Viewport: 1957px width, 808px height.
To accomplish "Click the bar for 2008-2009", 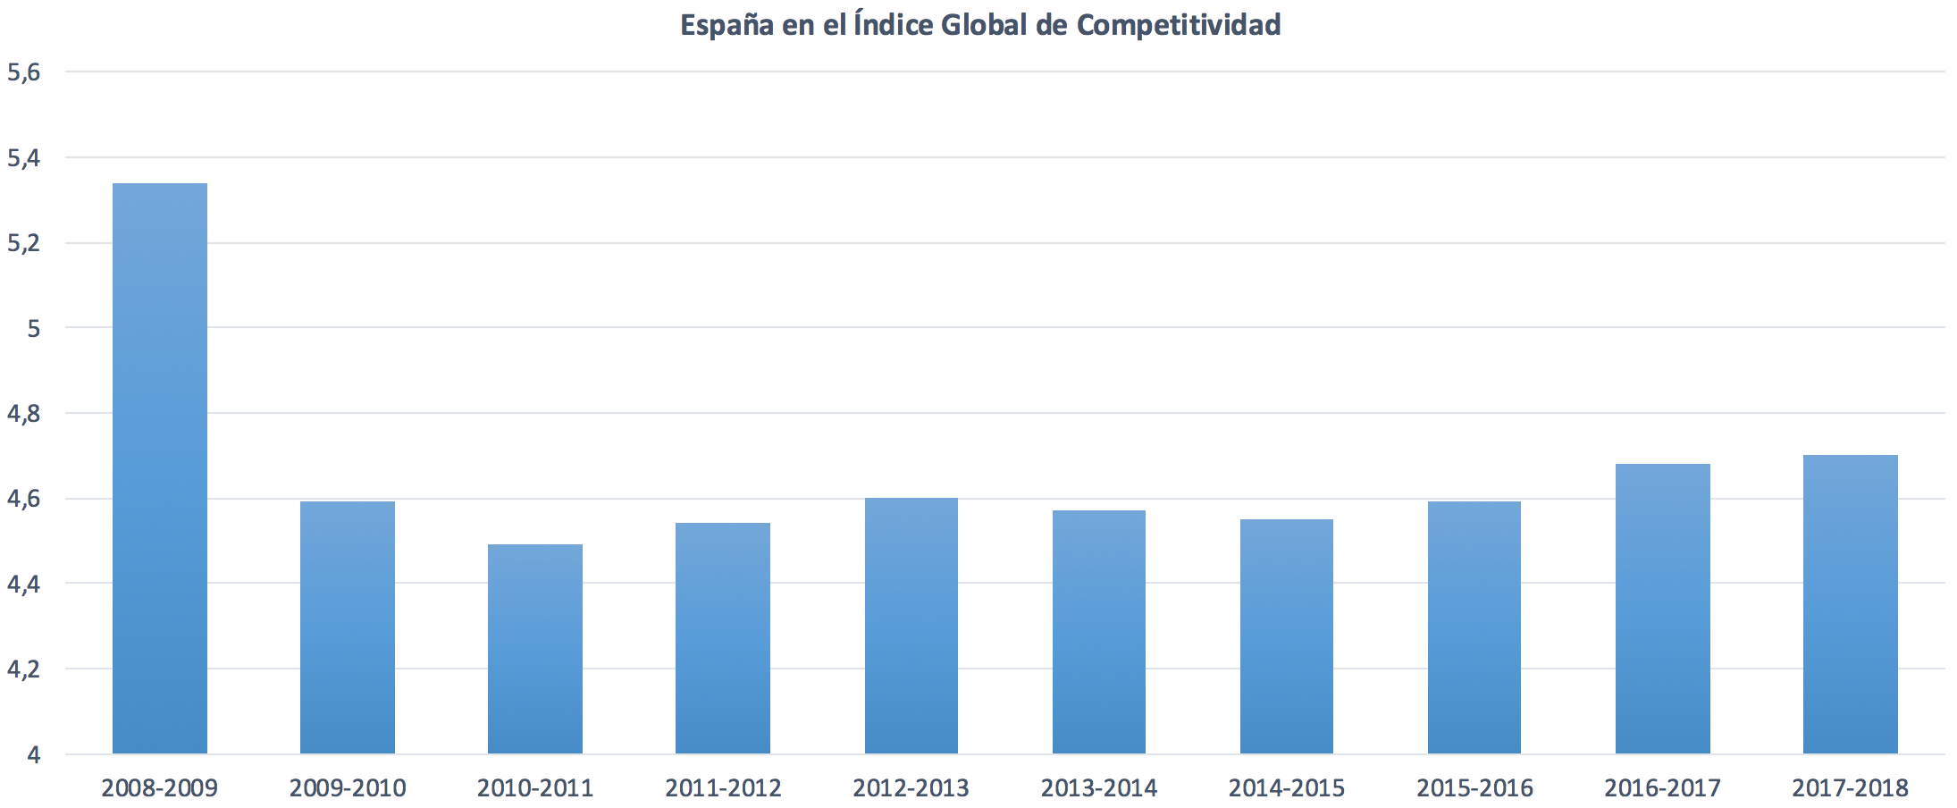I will click(x=160, y=468).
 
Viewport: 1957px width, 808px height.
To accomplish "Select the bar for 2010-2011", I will click(x=535, y=649).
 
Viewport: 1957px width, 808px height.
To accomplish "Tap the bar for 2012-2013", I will click(x=911, y=626).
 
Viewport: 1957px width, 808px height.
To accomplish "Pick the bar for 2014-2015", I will click(x=1287, y=636).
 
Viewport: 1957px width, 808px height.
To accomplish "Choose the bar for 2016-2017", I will click(x=1662, y=609).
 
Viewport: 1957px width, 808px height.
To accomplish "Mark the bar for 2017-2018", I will click(x=1850, y=604).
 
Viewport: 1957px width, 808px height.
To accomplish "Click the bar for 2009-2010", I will click(x=348, y=627).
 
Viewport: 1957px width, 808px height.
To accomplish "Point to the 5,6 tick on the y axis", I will click(x=24, y=72).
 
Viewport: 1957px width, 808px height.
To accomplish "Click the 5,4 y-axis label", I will click(x=24, y=158).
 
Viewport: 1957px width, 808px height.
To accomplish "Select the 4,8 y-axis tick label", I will click(x=24, y=414).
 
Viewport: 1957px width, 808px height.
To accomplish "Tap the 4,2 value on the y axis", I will click(x=24, y=669).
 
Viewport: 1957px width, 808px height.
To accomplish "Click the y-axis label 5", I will click(x=34, y=329).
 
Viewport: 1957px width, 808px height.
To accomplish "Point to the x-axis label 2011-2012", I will click(x=723, y=788).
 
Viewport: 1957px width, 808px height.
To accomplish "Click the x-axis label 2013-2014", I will click(x=1098, y=788).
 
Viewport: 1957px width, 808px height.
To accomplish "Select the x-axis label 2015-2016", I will click(x=1474, y=788).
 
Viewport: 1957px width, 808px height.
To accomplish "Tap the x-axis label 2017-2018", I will click(x=1850, y=788).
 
